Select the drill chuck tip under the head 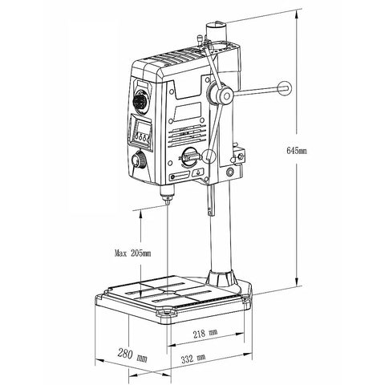coord(166,200)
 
